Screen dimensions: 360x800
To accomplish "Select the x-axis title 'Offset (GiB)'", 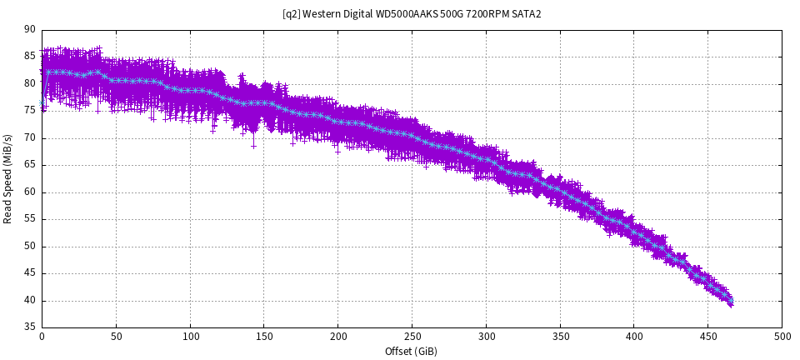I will [411, 352].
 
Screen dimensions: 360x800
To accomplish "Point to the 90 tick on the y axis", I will [30, 30].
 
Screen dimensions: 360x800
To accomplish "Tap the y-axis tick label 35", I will [30, 327].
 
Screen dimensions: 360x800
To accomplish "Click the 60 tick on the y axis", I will [30, 192].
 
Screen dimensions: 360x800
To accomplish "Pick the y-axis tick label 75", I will [30, 111].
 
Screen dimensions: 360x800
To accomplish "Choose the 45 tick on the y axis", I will [30, 273].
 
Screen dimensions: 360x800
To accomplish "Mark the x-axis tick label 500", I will [782, 337].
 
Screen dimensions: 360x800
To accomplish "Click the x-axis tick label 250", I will [412, 337].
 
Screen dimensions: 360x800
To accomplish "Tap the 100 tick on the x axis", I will [190, 337].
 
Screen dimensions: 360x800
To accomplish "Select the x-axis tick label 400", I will [633, 337].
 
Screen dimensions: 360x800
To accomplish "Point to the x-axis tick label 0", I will [42, 337].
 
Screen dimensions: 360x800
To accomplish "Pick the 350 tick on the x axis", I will [559, 337].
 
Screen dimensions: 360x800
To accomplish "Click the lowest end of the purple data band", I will [731, 305].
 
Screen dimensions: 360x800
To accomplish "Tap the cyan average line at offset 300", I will [486, 158].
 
